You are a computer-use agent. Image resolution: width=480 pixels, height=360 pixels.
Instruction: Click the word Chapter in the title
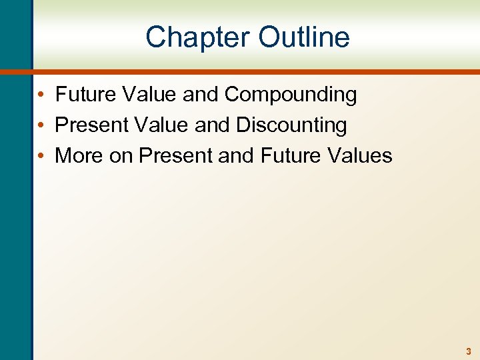point(198,37)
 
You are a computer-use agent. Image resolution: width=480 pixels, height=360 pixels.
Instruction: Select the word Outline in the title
point(303,37)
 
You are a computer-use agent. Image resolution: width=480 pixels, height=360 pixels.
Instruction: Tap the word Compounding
point(290,95)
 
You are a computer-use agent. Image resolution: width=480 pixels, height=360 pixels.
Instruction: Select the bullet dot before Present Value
point(41,126)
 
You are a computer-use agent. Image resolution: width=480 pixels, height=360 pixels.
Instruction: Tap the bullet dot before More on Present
point(41,156)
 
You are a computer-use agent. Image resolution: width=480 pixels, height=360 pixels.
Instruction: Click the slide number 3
point(469,351)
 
